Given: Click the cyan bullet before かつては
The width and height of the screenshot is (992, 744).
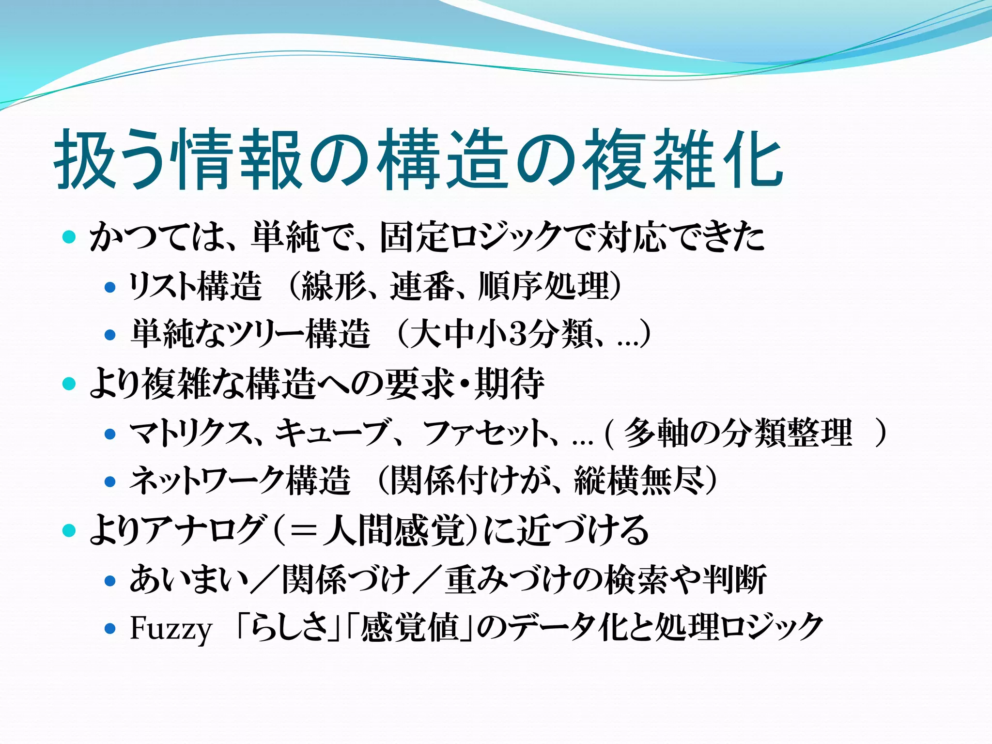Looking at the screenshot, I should coord(70,237).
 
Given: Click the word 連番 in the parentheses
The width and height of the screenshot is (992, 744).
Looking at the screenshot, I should coord(422,286).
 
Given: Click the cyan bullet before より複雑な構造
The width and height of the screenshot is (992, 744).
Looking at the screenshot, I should coord(70,384).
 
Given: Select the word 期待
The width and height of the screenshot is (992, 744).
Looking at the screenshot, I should coord(509,384).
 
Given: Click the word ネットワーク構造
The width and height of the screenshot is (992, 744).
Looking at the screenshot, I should coord(240,481).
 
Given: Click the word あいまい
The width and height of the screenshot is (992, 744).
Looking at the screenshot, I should coord(189,580).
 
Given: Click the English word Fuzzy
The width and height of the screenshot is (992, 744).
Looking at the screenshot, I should coord(171,629).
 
